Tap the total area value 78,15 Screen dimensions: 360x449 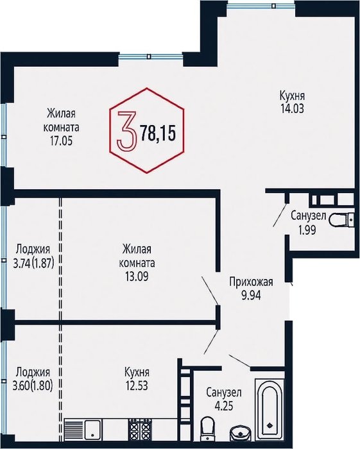(x=157, y=133)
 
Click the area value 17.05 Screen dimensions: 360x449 (x=62, y=141)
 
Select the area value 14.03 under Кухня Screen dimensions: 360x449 (x=293, y=108)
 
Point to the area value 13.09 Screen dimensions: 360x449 (x=137, y=276)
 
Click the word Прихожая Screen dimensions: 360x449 (x=251, y=282)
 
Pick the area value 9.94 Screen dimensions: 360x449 (x=251, y=295)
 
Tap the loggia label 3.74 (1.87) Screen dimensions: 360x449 (x=34, y=263)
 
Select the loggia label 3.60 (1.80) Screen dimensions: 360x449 (x=33, y=386)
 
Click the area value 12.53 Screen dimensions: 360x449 (x=137, y=385)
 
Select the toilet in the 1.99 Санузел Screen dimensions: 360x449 (x=341, y=220)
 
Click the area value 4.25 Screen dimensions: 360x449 (x=223, y=405)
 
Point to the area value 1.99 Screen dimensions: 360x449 (x=307, y=230)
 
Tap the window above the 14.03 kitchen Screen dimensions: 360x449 (x=261, y=5)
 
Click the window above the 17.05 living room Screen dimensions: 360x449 (x=151, y=56)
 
